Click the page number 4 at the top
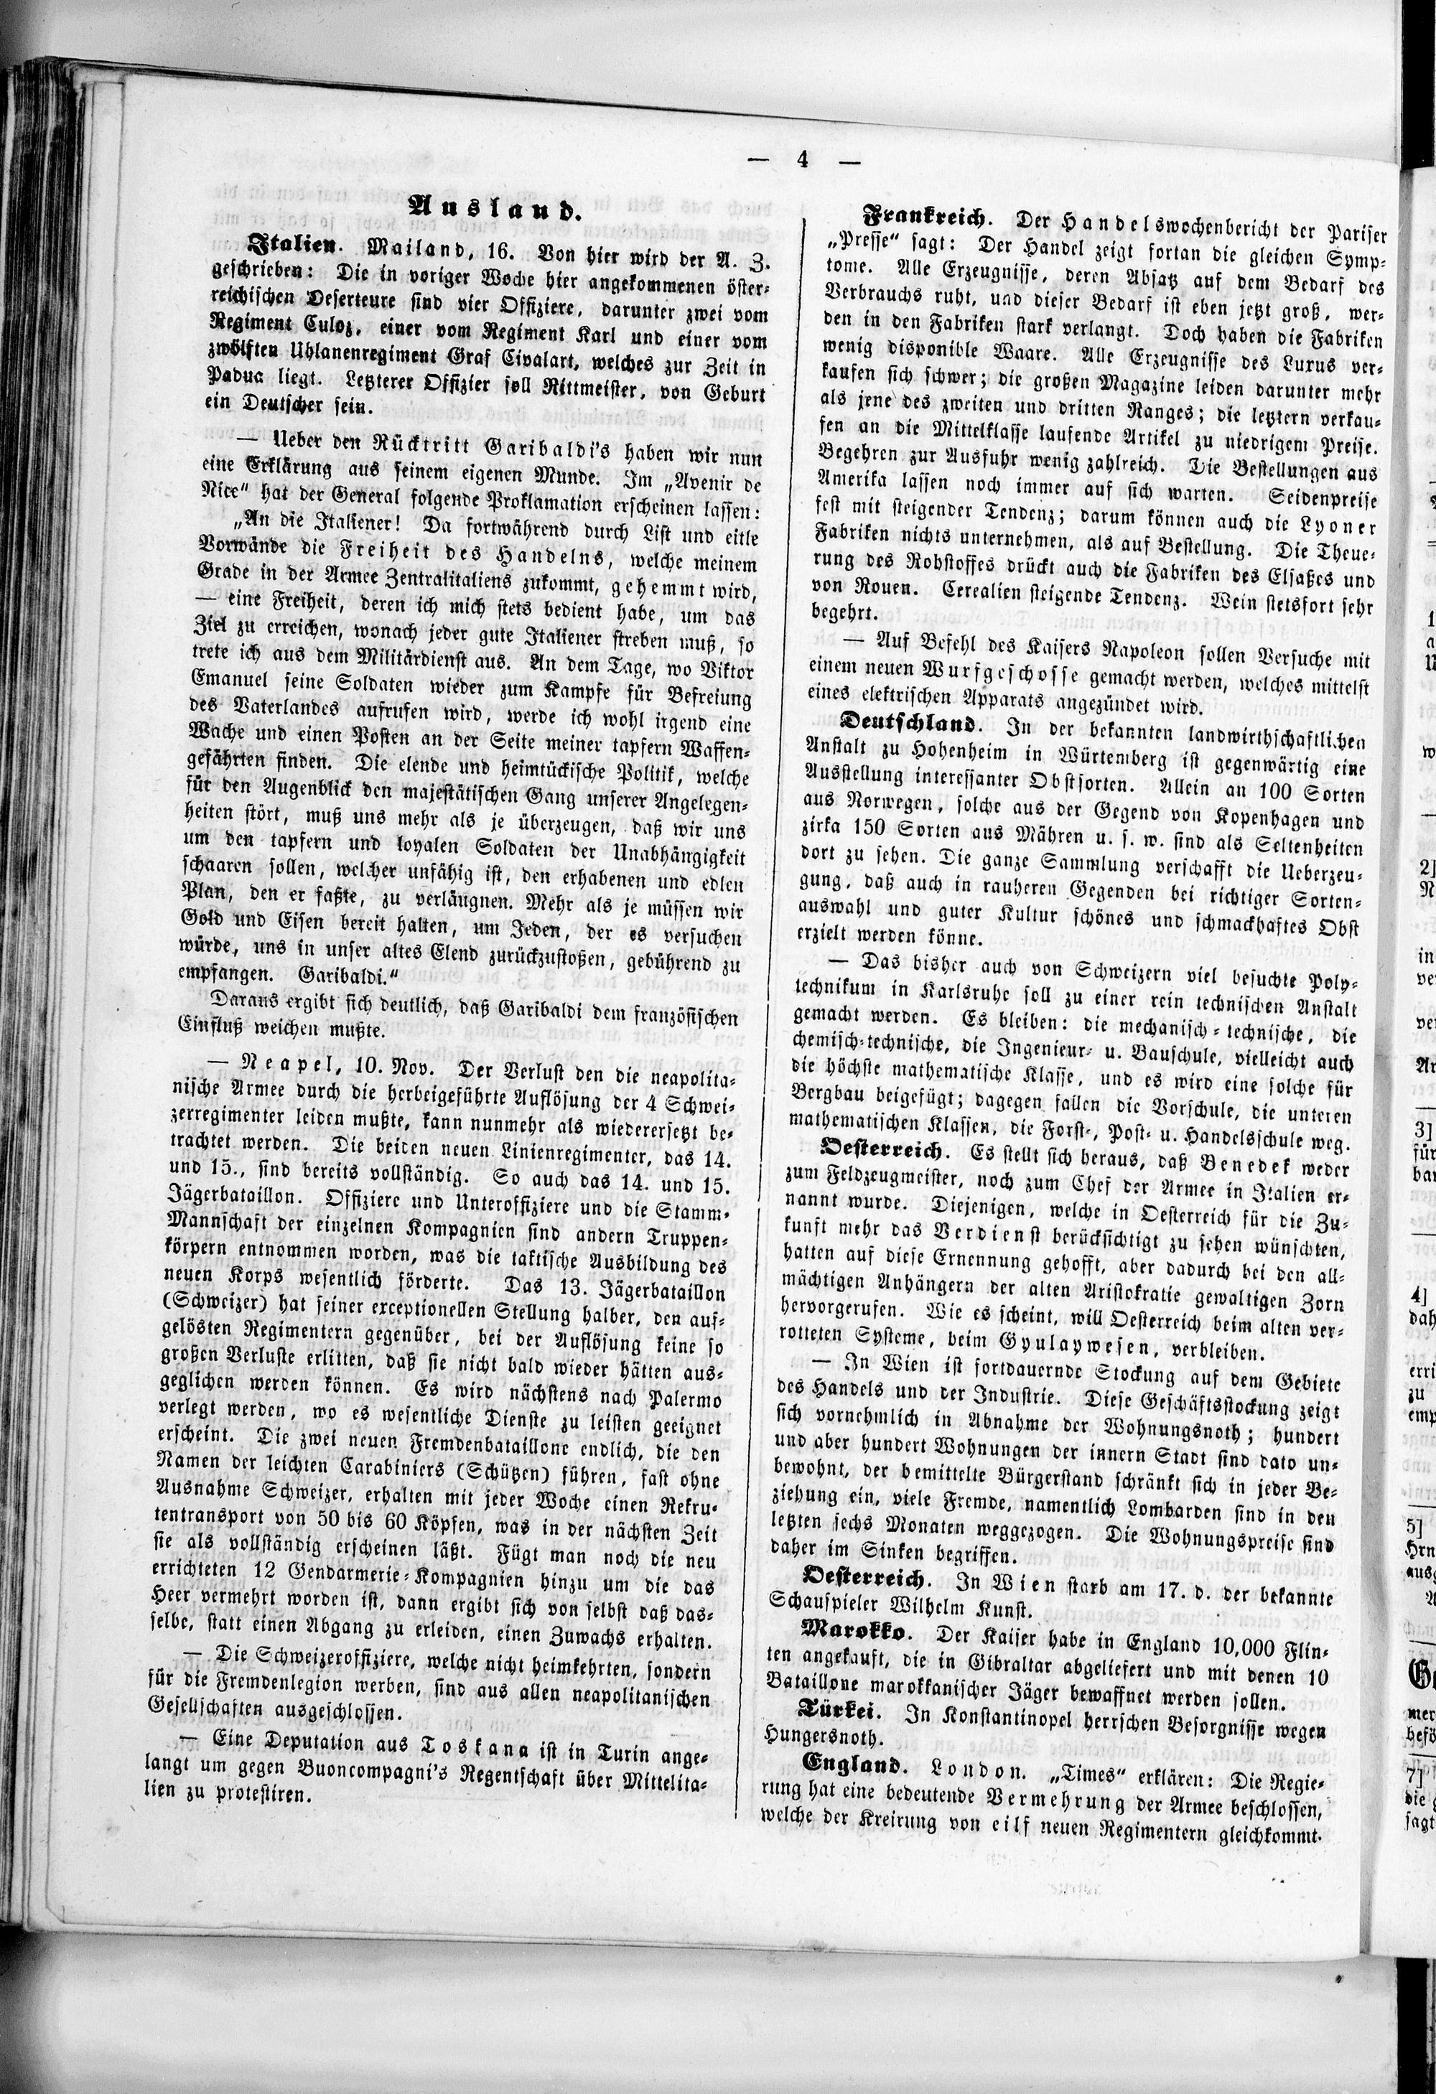[x=801, y=160]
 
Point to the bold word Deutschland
[x=908, y=723]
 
